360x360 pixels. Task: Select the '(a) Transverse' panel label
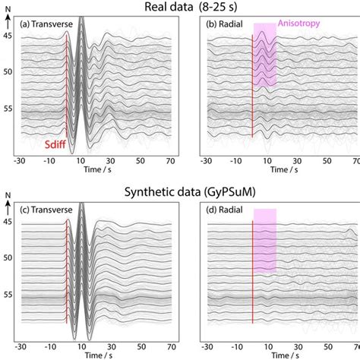pyautogui.click(x=47, y=24)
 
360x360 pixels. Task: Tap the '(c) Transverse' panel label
pyautogui.click(x=47, y=207)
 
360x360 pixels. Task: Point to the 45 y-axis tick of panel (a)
pyautogui.click(x=8, y=35)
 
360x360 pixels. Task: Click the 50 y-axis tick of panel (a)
pyautogui.click(x=8, y=71)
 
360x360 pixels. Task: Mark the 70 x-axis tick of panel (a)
pyautogui.click(x=171, y=161)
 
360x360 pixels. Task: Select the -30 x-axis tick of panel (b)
pyautogui.click(x=205, y=161)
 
